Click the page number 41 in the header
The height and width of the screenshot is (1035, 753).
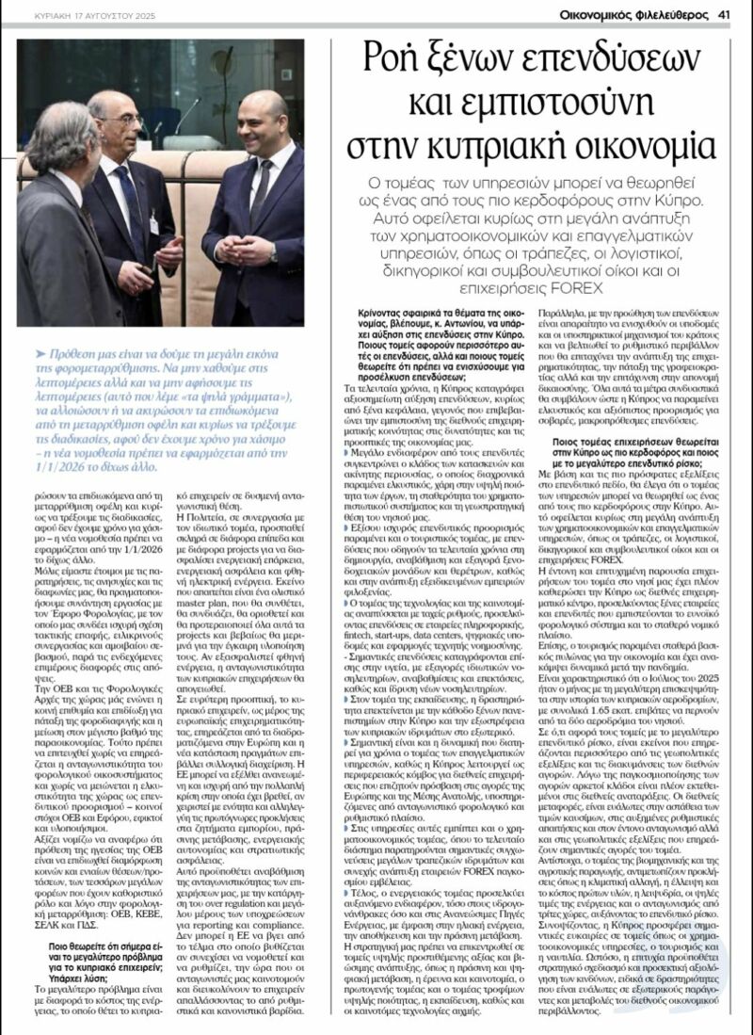[x=725, y=13]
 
